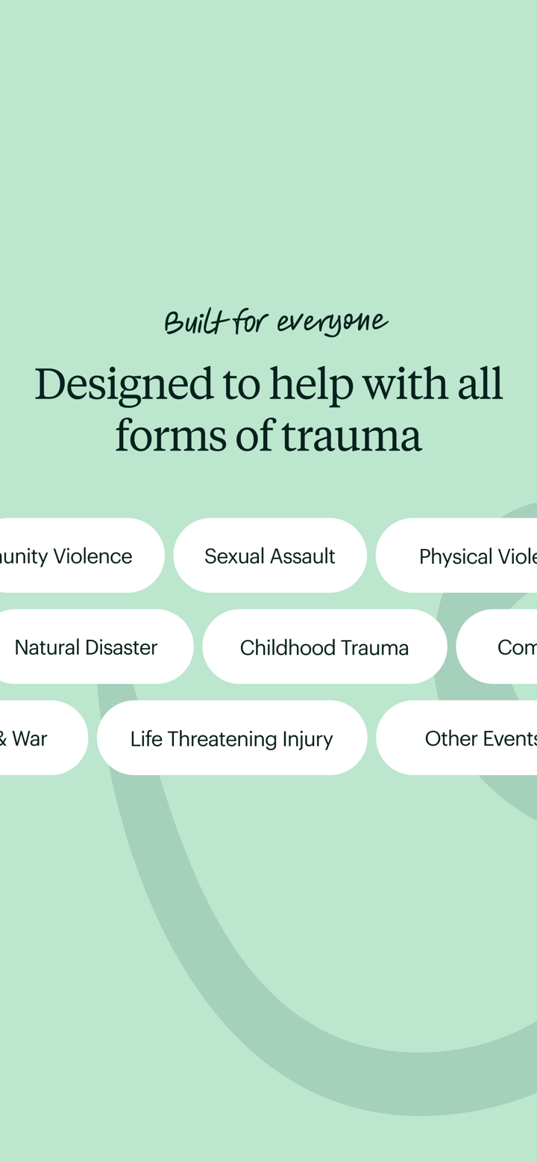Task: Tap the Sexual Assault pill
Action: pyautogui.click(x=270, y=556)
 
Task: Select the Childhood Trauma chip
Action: pyautogui.click(x=324, y=647)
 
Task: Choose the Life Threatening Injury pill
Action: pyautogui.click(x=231, y=738)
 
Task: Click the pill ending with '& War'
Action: pyautogui.click(x=34, y=738)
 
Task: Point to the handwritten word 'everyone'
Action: pyautogui.click(x=333, y=322)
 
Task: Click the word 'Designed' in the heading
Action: pyautogui.click(x=124, y=383)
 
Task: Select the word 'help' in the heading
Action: pyautogui.click(x=311, y=385)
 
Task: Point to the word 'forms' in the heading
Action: pyautogui.click(x=171, y=436)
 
